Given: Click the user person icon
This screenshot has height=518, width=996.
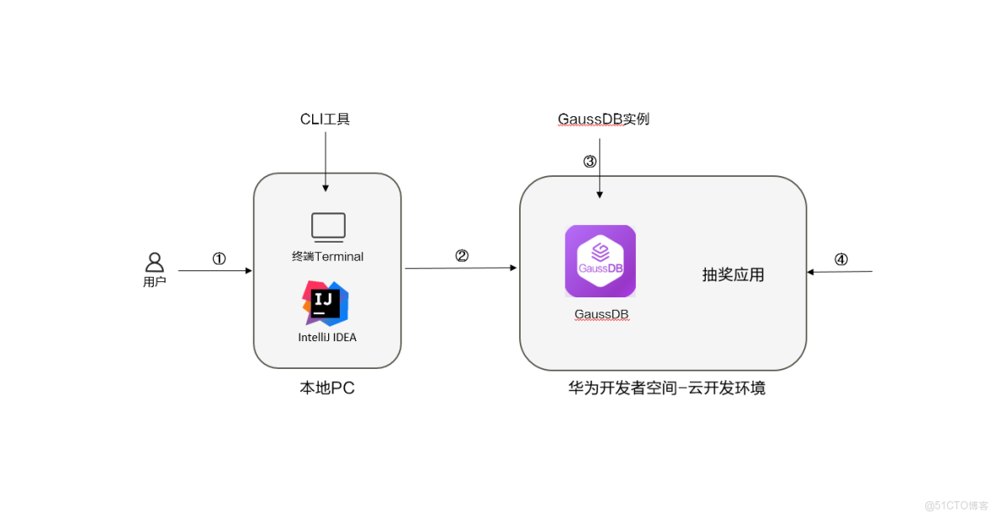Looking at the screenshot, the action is click(155, 262).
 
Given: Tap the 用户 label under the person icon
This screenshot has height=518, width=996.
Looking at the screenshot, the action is click(155, 282).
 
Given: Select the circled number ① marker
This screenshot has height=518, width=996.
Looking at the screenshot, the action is click(219, 259).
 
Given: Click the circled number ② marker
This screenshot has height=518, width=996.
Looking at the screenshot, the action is click(461, 256).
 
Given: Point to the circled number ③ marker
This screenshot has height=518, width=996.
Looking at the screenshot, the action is click(590, 161).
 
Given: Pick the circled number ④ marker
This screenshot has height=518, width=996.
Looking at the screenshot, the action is click(840, 259).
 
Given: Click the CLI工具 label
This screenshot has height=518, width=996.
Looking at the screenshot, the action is click(325, 119).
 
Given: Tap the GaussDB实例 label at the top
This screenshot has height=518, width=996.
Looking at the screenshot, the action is click(603, 119).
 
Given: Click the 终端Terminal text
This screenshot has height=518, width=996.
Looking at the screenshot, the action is click(328, 256).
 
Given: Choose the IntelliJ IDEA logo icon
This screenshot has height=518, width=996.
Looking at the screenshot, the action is click(326, 303).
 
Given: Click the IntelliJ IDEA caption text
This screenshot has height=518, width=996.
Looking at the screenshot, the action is click(327, 337).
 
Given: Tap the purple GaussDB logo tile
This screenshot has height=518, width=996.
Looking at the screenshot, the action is click(600, 261).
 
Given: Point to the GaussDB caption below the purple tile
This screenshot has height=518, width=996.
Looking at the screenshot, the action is click(601, 314).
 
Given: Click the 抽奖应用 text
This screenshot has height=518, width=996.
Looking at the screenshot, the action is click(733, 275).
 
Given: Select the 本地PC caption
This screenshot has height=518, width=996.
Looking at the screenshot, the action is click(327, 388).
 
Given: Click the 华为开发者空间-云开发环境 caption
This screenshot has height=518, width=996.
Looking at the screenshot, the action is click(666, 388).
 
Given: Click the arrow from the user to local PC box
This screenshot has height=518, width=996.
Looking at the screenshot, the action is click(215, 270).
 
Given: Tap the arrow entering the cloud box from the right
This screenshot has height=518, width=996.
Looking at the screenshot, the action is click(840, 271).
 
